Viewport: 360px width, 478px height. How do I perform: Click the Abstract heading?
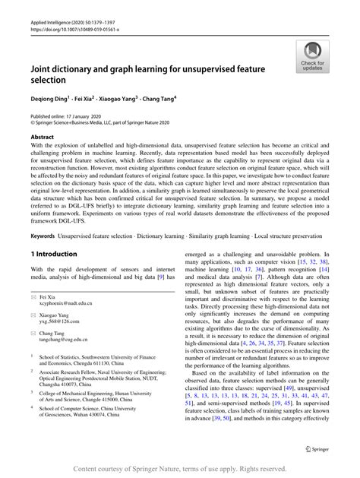(42, 136)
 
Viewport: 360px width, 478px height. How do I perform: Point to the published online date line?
(68, 116)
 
